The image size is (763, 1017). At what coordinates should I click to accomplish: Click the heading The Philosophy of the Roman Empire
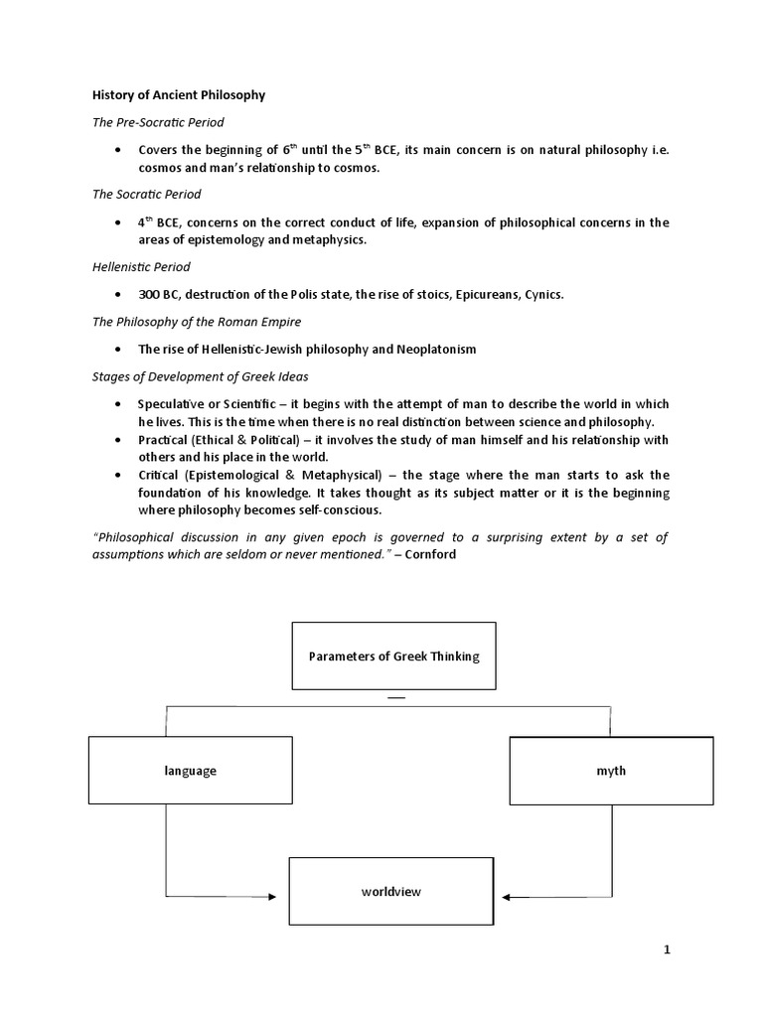[x=184, y=322]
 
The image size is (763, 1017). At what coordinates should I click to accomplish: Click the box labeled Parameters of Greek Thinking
[x=393, y=655]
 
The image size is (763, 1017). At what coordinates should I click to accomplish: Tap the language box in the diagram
[x=191, y=770]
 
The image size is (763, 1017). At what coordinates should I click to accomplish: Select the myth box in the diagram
[x=611, y=770]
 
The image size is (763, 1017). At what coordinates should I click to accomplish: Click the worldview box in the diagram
[x=391, y=891]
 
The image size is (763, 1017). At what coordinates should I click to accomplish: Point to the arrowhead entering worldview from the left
[x=272, y=897]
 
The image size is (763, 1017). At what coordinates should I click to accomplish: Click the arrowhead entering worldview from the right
[x=507, y=897]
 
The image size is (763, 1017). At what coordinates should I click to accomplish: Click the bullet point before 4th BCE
[x=118, y=222]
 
